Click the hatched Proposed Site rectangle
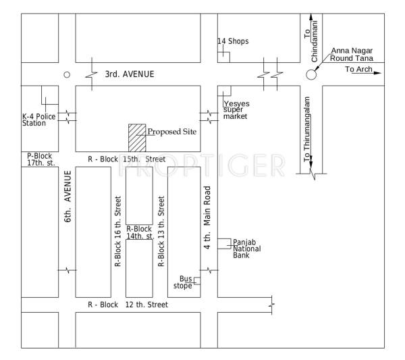pyautogui.click(x=138, y=138)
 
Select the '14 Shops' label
pyautogui.click(x=232, y=41)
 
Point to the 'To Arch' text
pyautogui.click(x=358, y=70)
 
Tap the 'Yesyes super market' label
pyautogui.click(x=236, y=110)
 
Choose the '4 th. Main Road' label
pyautogui.click(x=209, y=218)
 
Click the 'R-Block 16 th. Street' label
pyautogui.click(x=118, y=232)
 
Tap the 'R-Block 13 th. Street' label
pyautogui.click(x=161, y=232)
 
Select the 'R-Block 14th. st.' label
pyautogui.click(x=139, y=233)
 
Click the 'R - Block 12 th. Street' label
pyautogui.click(x=128, y=305)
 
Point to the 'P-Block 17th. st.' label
pyautogui.click(x=39, y=159)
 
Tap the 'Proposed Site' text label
pyautogui.click(x=171, y=132)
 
